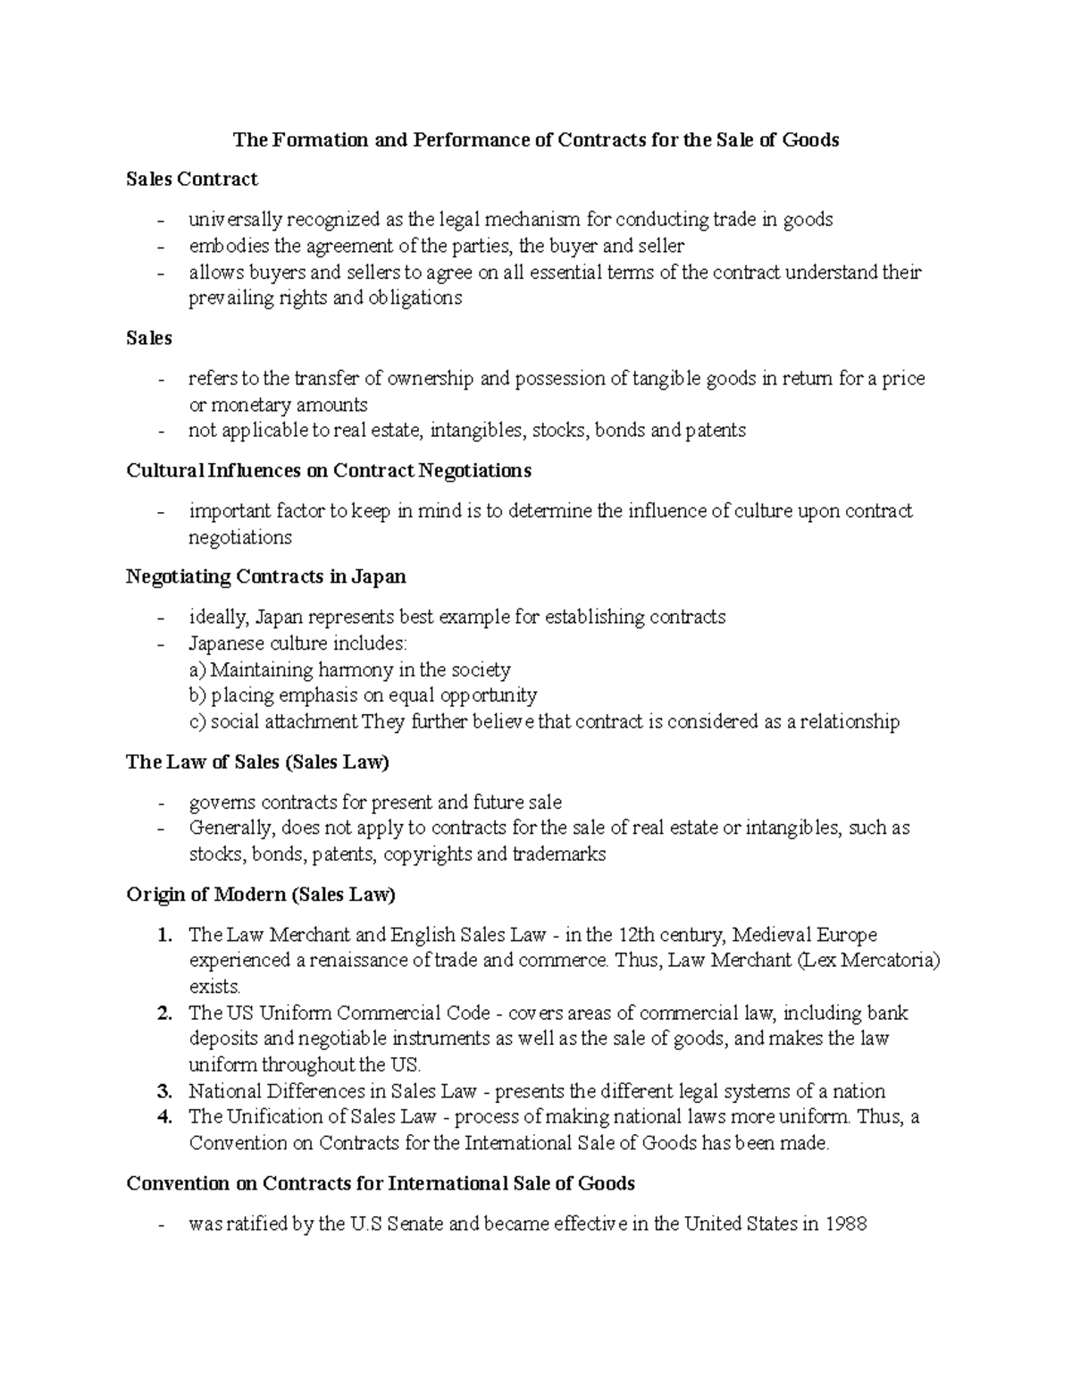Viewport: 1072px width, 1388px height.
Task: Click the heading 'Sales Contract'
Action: point(192,180)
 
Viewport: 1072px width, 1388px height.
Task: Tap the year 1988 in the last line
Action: point(846,1224)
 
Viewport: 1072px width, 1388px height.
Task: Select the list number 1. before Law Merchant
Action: point(163,935)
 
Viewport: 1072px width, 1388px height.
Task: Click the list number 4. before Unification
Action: point(163,1116)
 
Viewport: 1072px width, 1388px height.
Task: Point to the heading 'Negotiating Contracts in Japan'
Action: point(266,576)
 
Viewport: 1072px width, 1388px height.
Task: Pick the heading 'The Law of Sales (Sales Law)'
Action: point(258,762)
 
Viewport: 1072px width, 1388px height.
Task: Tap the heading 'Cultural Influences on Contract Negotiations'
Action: point(329,470)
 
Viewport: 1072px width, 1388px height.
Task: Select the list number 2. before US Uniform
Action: point(163,1013)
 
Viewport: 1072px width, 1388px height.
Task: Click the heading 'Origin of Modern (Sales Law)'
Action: point(261,895)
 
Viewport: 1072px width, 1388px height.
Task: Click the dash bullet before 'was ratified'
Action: point(161,1224)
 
